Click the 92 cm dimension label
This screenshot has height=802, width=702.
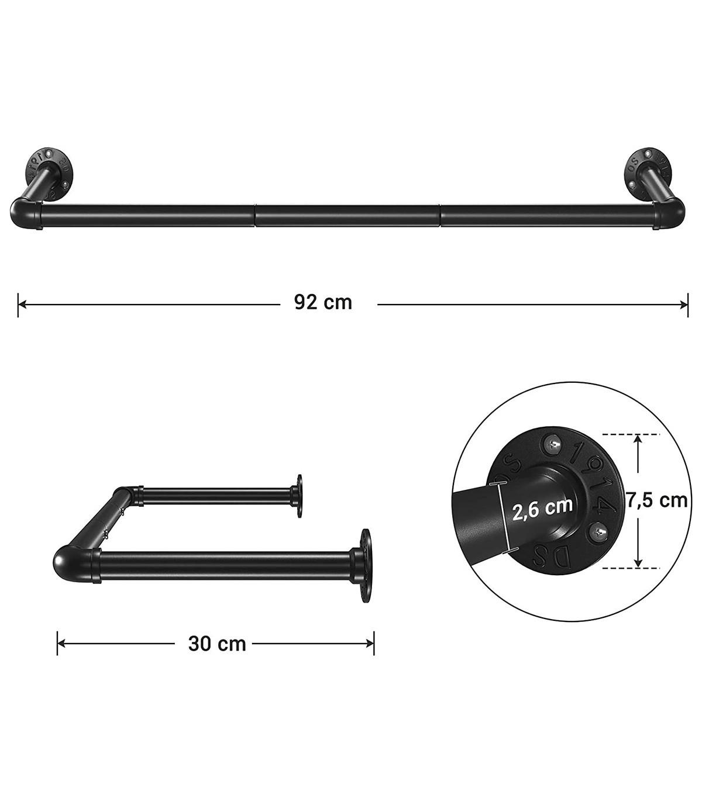click(323, 303)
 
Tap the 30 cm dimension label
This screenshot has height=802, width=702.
click(217, 644)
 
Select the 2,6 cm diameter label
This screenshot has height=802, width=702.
click(542, 508)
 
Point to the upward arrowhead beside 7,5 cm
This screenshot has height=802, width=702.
click(638, 440)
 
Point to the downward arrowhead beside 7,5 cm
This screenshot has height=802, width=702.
click(638, 562)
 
